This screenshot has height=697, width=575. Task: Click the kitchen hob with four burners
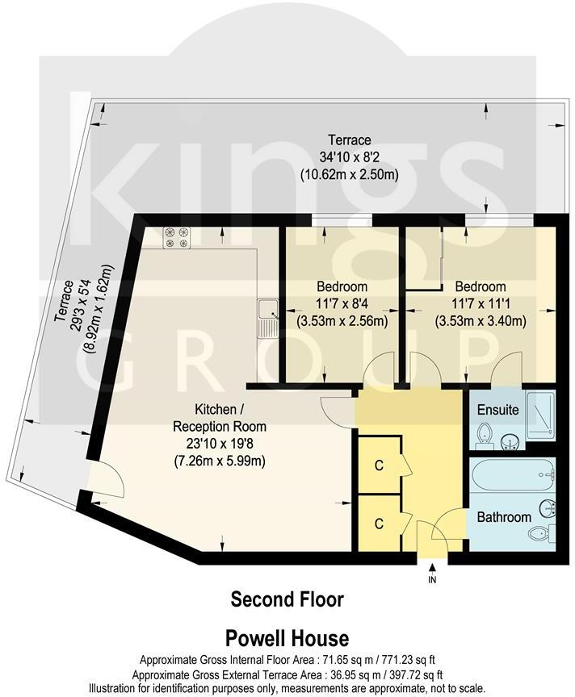click(176, 237)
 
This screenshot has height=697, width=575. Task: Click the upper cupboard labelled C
click(378, 465)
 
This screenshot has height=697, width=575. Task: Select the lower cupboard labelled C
click(378, 523)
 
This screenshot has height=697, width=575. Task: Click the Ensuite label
click(497, 410)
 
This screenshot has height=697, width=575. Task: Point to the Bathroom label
click(503, 516)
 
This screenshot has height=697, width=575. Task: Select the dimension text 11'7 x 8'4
click(342, 303)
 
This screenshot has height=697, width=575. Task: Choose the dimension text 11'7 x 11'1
click(480, 303)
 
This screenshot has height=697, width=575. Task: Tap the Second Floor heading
click(287, 599)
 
